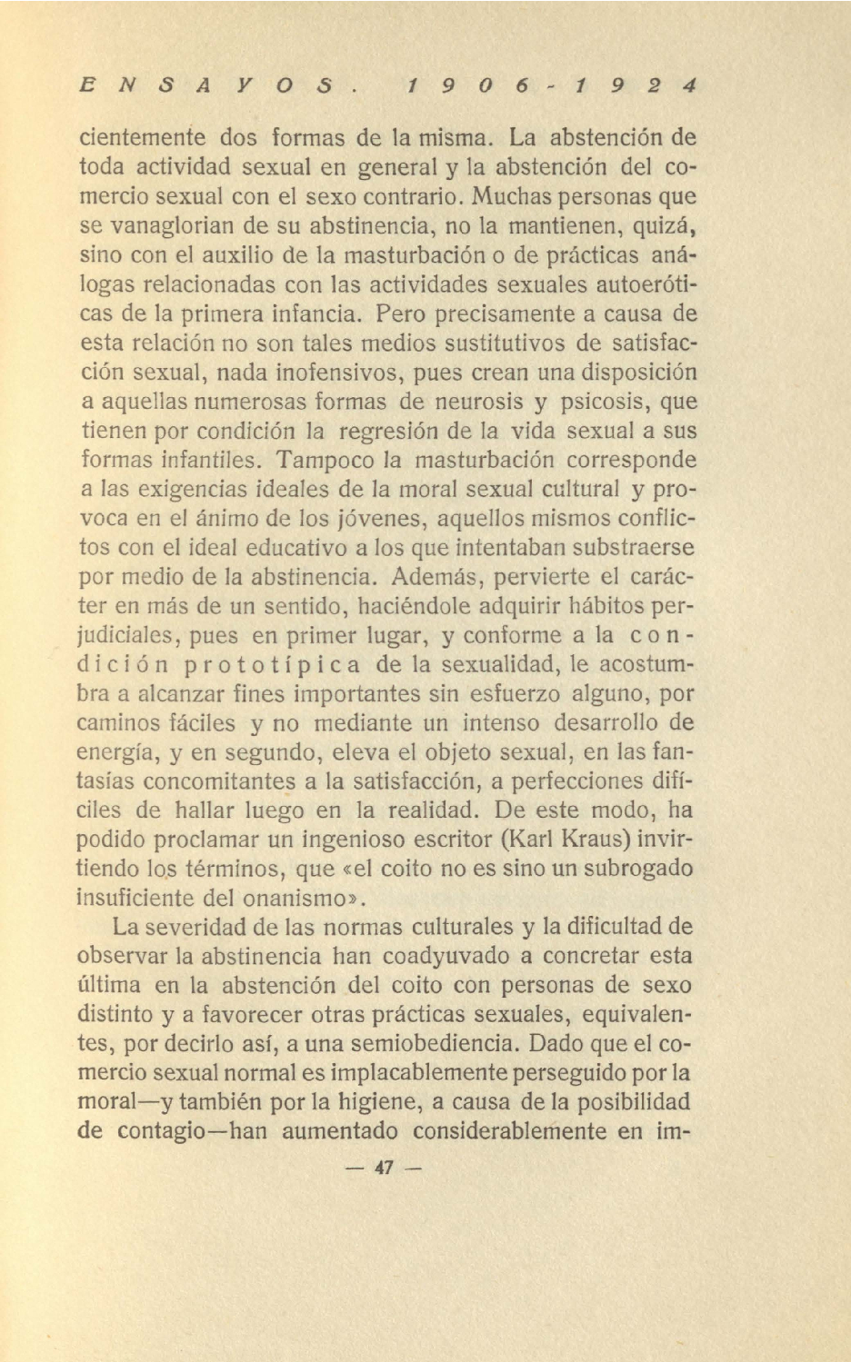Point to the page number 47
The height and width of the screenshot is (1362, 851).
click(x=384, y=1168)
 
